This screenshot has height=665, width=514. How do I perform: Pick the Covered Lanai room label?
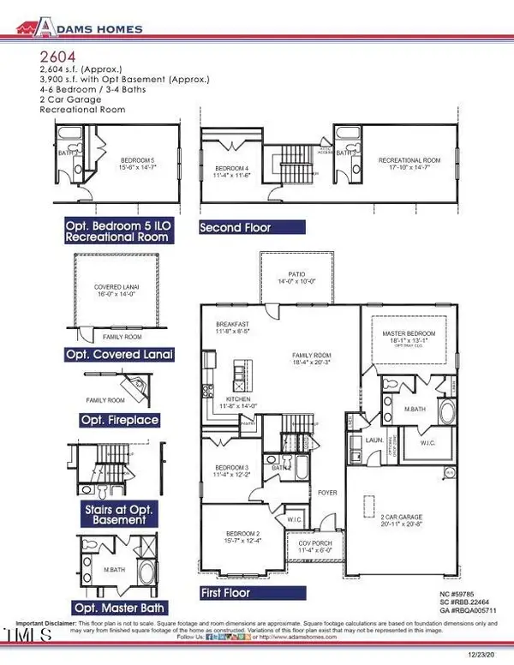click(x=117, y=289)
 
